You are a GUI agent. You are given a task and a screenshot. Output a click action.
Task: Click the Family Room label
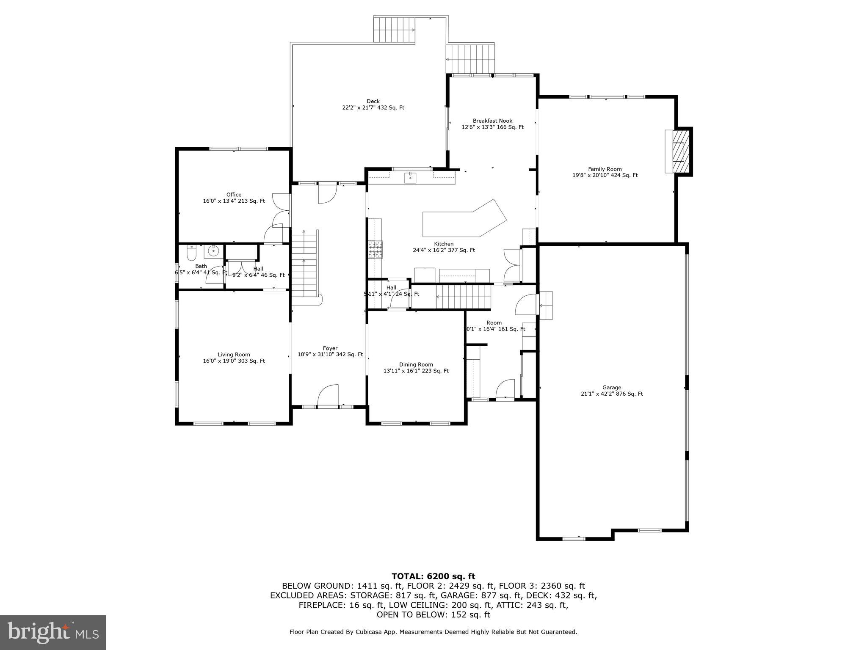click(605, 169)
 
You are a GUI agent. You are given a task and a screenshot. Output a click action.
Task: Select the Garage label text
click(612, 387)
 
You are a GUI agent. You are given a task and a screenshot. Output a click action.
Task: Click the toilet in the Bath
click(191, 253)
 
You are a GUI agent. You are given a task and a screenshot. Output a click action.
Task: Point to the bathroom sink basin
click(214, 251)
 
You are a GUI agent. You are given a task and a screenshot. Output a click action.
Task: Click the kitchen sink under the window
click(410, 178)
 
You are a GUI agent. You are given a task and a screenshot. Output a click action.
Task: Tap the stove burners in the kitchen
click(375, 249)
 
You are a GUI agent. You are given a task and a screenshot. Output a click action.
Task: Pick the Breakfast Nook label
click(492, 121)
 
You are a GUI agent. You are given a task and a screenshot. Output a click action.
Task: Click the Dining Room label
click(416, 364)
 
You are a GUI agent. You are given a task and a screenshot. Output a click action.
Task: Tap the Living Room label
click(234, 355)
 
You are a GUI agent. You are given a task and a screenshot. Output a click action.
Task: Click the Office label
click(234, 195)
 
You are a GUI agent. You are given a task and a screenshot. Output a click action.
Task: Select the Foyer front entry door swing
click(328, 395)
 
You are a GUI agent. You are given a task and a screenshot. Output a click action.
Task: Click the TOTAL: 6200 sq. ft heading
click(433, 576)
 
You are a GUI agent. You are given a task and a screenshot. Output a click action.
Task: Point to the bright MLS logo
click(53, 632)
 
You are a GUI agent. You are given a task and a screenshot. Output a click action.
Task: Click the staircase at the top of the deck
click(394, 30)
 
